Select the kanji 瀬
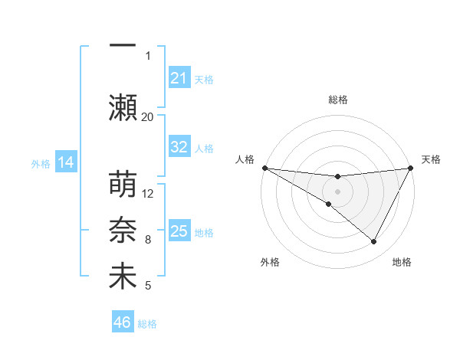[123, 106]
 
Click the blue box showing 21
[179, 78]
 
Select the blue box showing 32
[179, 147]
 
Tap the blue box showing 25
[179, 231]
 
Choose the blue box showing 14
[66, 162]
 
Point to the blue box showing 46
[123, 322]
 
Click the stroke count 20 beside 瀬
[148, 116]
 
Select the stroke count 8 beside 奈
[148, 240]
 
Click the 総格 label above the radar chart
[338, 100]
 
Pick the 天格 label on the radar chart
[431, 159]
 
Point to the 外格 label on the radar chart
[270, 262]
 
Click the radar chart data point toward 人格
[264, 168]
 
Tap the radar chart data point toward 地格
[374, 242]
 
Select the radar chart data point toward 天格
[411, 168]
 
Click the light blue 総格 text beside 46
[148, 324]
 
